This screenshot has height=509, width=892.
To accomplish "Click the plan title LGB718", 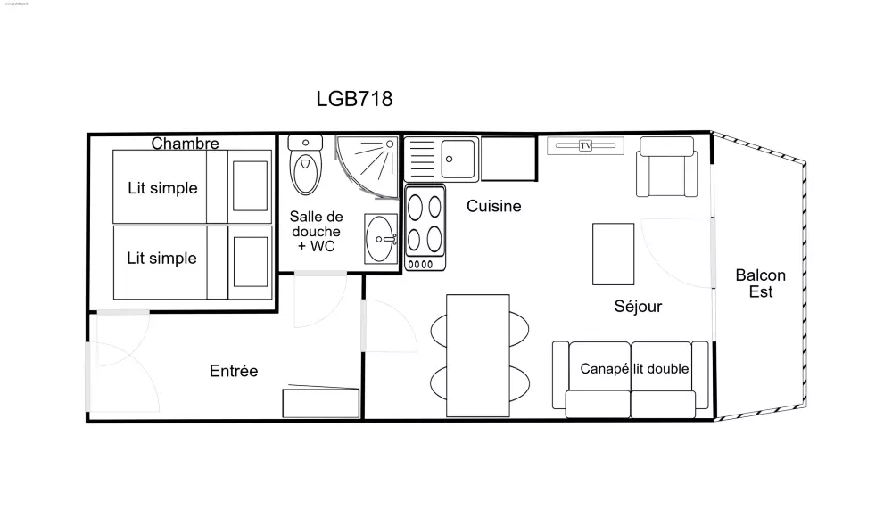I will [x=354, y=99].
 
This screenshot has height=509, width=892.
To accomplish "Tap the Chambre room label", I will [x=185, y=143].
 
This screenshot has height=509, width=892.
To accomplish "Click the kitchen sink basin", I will [x=459, y=159].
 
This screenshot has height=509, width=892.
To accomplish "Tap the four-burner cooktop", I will [x=425, y=227].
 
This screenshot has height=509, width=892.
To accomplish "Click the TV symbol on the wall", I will [x=586, y=145].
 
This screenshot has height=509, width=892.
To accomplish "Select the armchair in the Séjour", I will [x=665, y=173].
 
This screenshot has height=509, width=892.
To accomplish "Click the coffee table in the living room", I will [x=614, y=254].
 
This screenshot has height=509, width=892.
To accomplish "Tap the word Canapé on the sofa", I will [x=605, y=368].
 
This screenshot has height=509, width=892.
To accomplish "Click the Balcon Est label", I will [x=761, y=283].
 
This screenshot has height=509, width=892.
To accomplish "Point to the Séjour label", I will [x=638, y=307].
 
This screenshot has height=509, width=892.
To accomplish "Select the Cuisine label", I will [x=494, y=207].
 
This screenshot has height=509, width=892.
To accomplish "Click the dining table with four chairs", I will [x=477, y=355].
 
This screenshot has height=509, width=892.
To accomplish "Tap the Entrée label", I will [x=234, y=371].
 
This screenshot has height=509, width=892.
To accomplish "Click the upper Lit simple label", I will [x=161, y=188].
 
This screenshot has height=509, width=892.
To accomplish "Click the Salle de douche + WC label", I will [x=316, y=231].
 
